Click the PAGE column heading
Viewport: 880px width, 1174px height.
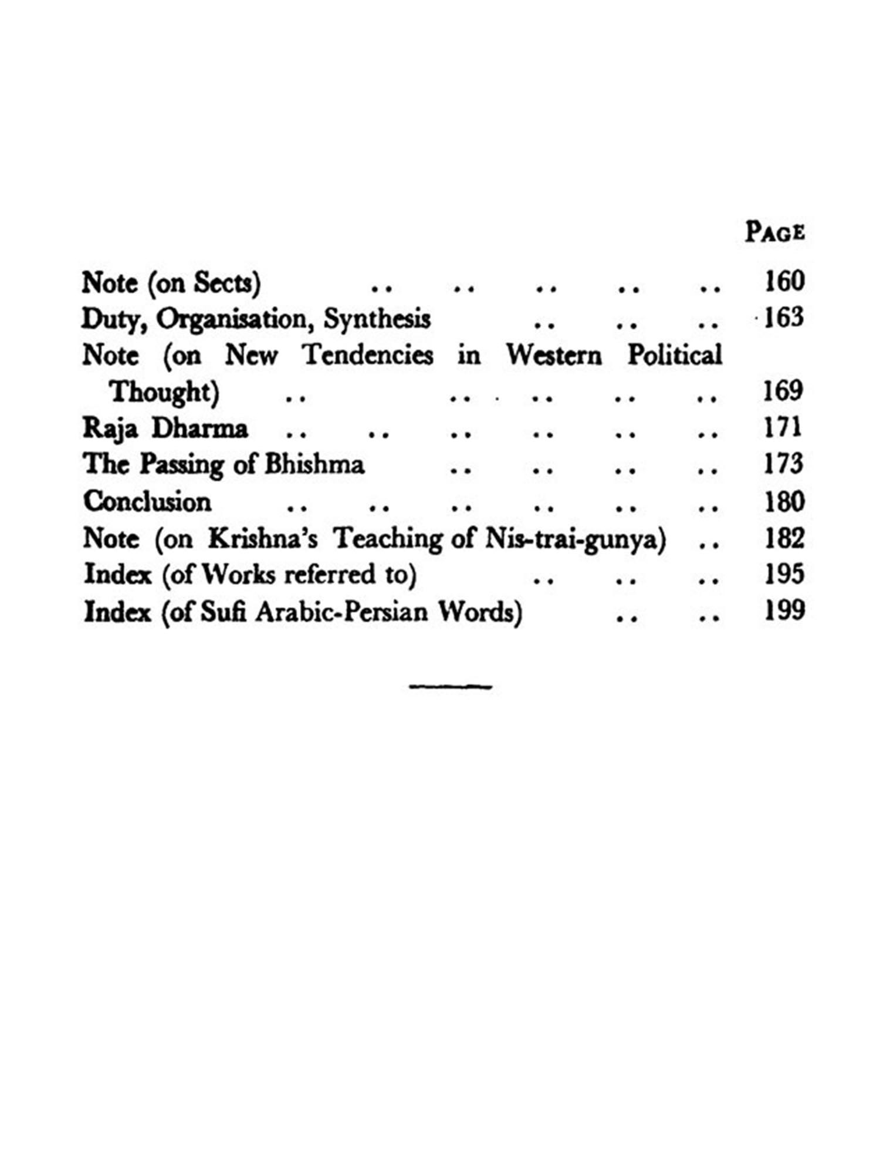point(774,232)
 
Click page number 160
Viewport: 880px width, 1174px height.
point(784,281)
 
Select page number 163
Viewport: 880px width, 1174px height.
point(784,318)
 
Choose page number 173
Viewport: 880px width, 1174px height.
point(784,464)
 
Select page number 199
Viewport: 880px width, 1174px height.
point(784,611)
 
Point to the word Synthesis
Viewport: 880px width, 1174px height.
point(377,319)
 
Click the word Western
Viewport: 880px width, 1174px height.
point(554,355)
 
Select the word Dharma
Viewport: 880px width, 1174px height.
point(199,429)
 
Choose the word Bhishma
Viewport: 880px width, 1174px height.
point(314,465)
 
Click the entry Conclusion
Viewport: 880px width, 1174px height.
point(147,502)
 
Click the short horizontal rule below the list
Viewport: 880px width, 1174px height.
point(450,685)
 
